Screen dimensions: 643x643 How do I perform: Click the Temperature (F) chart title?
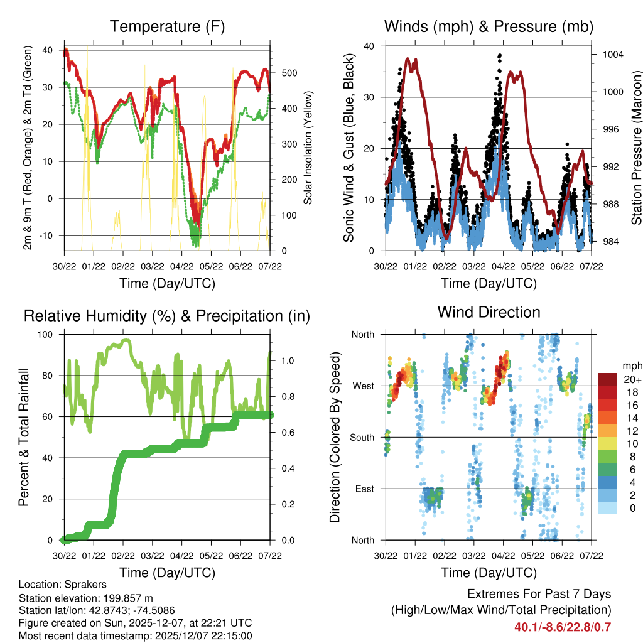[167, 26]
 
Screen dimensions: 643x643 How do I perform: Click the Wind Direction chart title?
[489, 312]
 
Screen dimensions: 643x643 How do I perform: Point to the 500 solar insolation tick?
[289, 73]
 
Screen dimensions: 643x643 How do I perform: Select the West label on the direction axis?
[362, 386]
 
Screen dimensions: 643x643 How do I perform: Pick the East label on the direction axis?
[364, 489]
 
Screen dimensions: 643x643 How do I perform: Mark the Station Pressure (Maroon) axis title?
[636, 148]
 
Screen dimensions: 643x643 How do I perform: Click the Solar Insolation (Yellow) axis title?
[308, 148]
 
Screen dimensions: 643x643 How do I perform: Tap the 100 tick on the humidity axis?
[48, 334]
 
